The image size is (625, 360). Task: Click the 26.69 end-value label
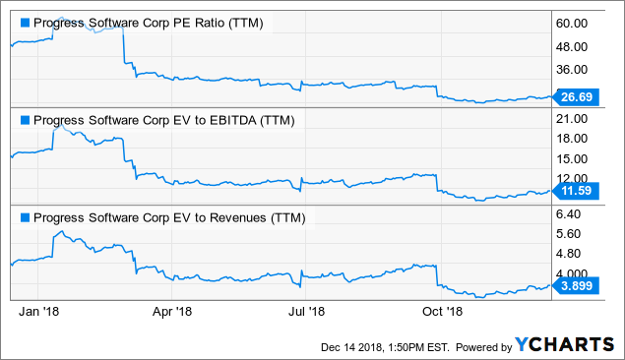point(574,97)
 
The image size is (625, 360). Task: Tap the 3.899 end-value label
point(574,285)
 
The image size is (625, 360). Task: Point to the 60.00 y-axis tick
point(573,23)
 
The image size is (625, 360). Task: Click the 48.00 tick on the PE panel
point(573,46)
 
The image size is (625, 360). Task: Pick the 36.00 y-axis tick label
point(573,70)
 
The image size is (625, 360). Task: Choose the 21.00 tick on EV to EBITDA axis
point(573,118)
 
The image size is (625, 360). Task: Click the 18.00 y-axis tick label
point(573,139)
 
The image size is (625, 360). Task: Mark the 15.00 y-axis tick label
point(573,159)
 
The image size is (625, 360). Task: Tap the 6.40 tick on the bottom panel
point(571,213)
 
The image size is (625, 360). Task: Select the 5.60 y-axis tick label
point(571,234)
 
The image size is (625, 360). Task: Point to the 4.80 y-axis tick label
point(571,254)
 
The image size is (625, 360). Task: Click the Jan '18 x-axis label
point(39,312)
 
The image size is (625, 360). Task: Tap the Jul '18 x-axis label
point(307,312)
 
